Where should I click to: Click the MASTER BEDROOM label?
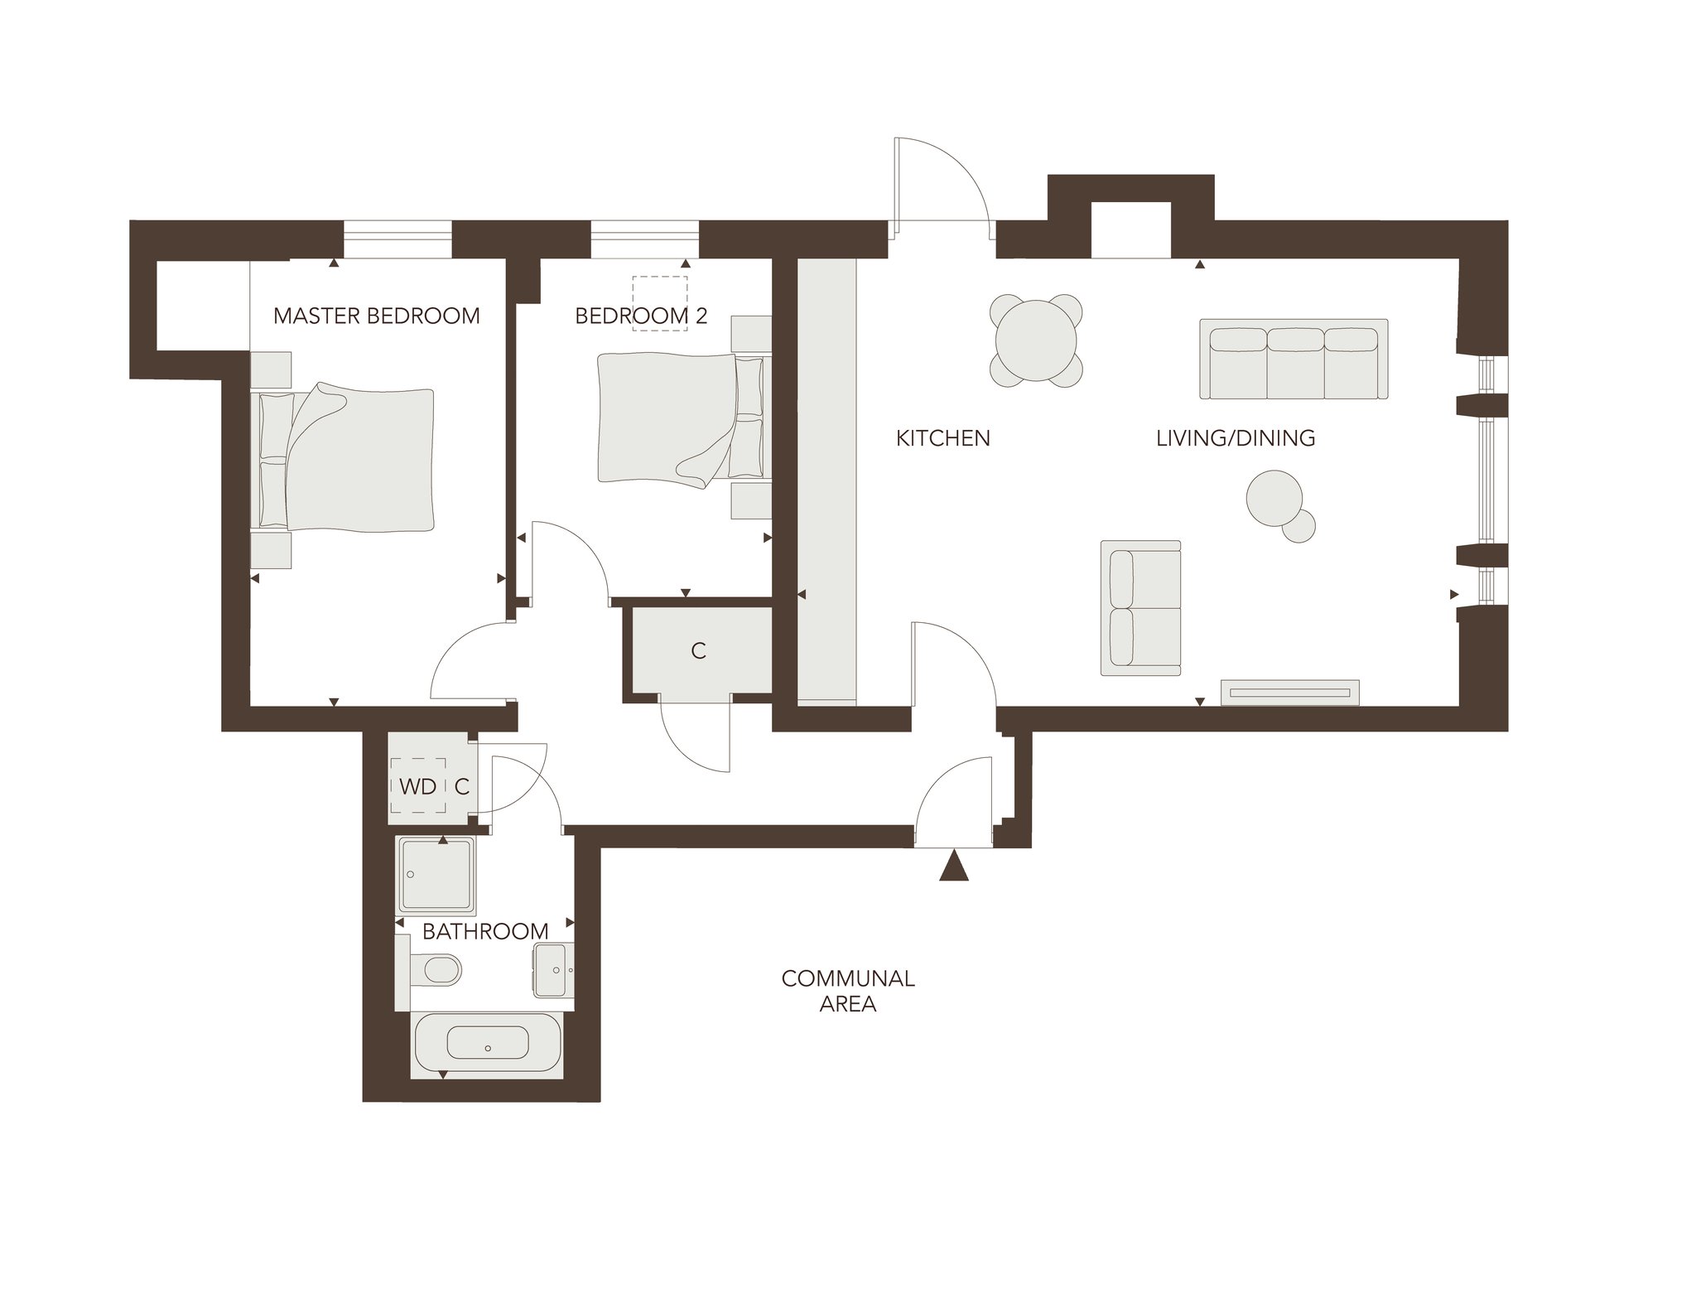[377, 316]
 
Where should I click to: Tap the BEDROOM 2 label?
[641, 316]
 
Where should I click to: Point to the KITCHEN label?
[943, 437]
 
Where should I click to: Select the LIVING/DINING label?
[1236, 437]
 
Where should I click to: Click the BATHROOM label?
[485, 931]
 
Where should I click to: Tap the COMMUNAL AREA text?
[848, 991]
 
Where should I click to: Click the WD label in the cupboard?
[418, 786]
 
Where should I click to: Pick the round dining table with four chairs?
[1037, 340]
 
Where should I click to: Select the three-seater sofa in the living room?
[1294, 359]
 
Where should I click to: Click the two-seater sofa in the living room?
[1140, 607]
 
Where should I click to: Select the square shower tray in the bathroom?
[436, 875]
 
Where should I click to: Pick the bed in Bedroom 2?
[684, 418]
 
